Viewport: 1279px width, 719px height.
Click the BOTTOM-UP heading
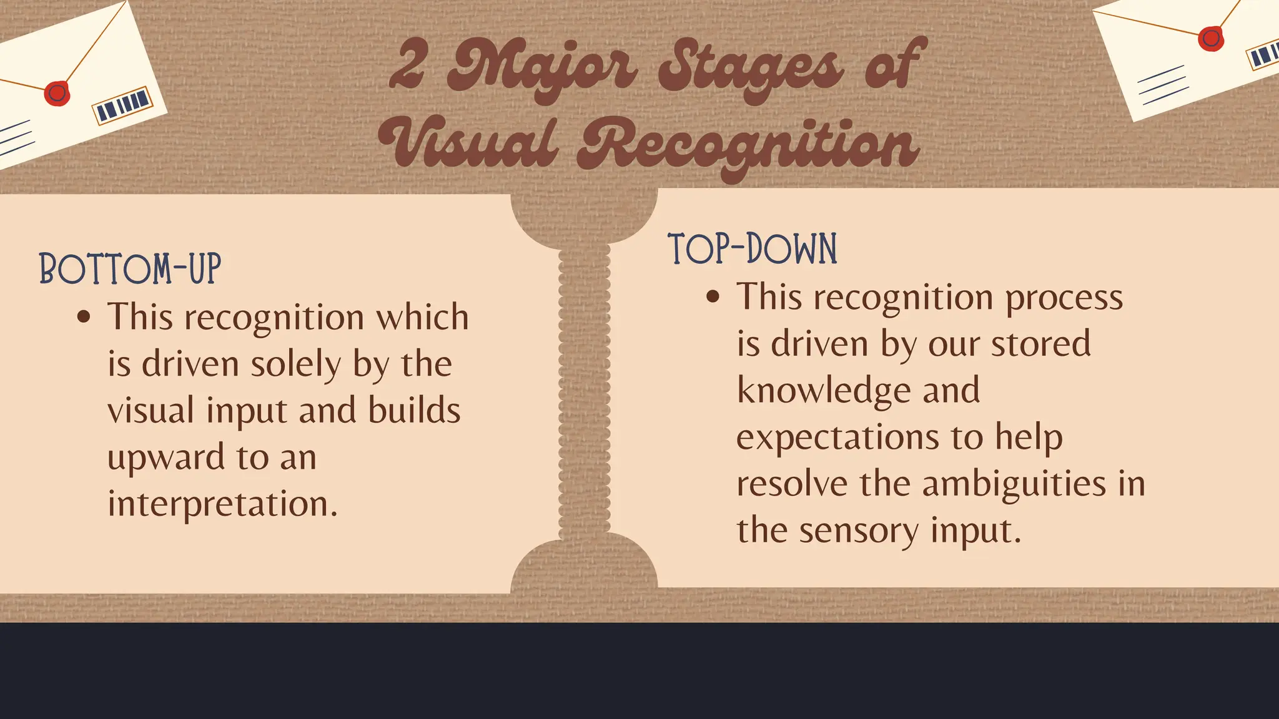click(x=130, y=270)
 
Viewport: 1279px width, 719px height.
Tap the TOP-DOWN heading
click(x=752, y=249)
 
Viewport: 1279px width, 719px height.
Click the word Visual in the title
click(x=468, y=144)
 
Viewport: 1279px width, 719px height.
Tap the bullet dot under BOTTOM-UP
click(x=84, y=317)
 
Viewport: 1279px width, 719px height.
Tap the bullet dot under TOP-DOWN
click(x=713, y=297)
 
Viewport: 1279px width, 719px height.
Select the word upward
click(x=165, y=457)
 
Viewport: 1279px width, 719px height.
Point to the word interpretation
click(x=222, y=504)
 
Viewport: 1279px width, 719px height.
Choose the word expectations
click(x=837, y=437)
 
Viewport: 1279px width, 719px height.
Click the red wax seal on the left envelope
click(x=57, y=94)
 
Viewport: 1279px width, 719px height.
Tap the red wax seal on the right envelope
click(x=1211, y=39)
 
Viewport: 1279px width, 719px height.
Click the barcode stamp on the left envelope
click(x=123, y=104)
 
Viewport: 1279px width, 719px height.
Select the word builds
click(x=414, y=411)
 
